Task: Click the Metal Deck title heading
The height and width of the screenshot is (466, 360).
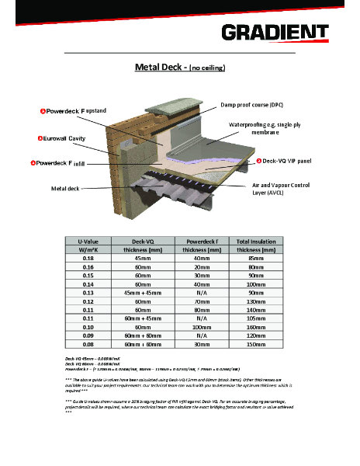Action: tap(179, 68)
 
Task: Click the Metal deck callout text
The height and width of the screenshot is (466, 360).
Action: tap(65, 188)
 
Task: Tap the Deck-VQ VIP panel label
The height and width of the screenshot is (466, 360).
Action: tap(286, 161)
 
